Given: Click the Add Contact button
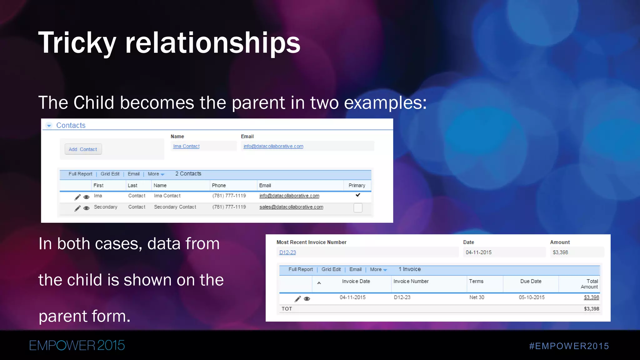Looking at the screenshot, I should [83, 149].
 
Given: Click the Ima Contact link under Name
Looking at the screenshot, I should [186, 146].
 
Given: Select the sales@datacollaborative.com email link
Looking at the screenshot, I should [291, 207].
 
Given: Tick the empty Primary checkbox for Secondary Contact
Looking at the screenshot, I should [358, 208].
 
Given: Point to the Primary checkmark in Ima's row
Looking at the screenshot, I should [358, 195].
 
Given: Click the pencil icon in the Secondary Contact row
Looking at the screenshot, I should [77, 208].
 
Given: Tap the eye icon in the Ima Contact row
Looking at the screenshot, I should [87, 197].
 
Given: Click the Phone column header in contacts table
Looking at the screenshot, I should [219, 185].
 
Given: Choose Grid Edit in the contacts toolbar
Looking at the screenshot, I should [110, 174].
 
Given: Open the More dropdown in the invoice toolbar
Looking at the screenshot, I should [378, 269].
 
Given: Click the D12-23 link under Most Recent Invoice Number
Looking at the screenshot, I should [287, 252].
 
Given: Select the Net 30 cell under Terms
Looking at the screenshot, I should [477, 297].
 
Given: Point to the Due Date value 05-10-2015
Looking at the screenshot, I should [532, 297].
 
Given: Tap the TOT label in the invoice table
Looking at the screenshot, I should [287, 309].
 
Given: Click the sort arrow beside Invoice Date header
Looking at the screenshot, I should [319, 283].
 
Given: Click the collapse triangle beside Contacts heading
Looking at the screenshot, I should [49, 126].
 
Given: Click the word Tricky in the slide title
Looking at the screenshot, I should [77, 43].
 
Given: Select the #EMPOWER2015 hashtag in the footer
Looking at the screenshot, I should [569, 346].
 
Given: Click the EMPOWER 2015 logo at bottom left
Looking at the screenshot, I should [77, 345].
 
